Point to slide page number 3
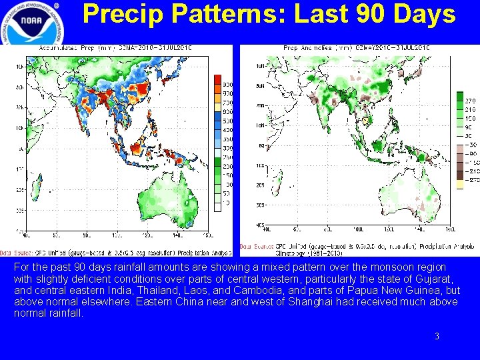(x=437, y=337)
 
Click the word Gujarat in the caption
(x=433, y=279)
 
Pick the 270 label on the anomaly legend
(x=469, y=100)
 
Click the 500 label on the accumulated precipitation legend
(x=227, y=121)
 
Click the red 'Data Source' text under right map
(x=254, y=247)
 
